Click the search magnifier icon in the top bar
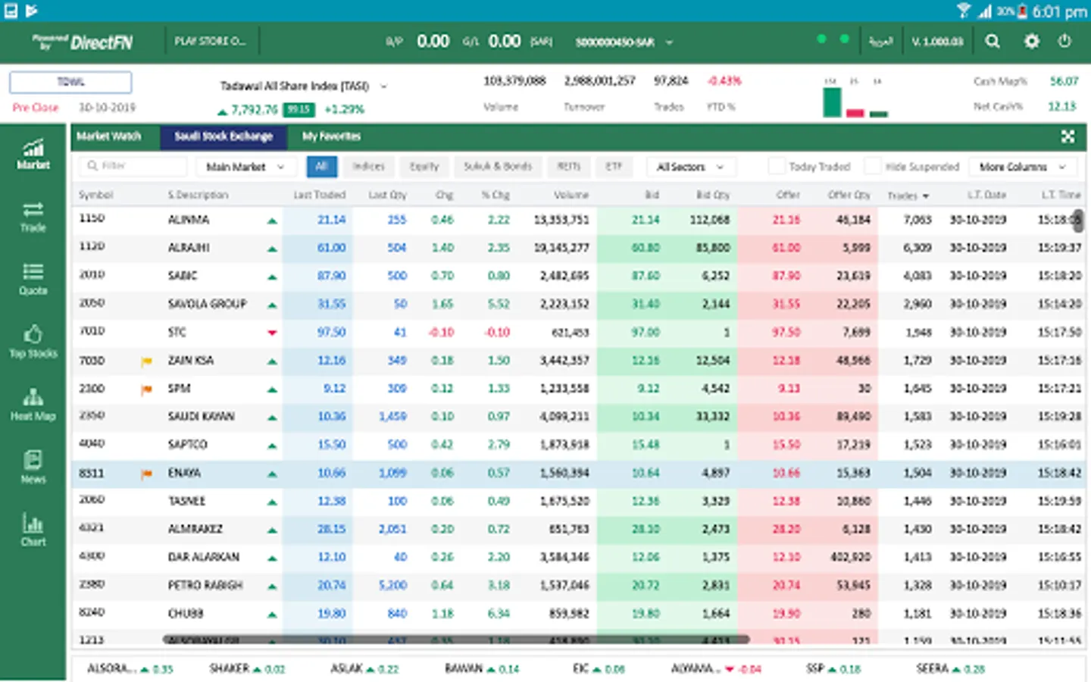click(x=992, y=42)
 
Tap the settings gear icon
click(x=1031, y=42)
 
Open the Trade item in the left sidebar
click(x=33, y=217)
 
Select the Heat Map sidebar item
click(x=33, y=405)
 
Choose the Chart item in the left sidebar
click(x=33, y=530)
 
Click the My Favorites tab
click(x=331, y=136)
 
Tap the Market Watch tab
click(x=108, y=136)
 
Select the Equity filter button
click(x=424, y=167)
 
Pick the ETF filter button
click(x=613, y=167)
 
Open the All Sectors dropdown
click(x=689, y=167)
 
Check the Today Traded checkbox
click(x=776, y=167)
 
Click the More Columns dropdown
click(x=1021, y=167)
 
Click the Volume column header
click(x=571, y=195)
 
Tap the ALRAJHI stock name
click(x=189, y=248)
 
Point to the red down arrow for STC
click(x=272, y=333)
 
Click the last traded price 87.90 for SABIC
click(x=331, y=276)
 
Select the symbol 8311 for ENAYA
click(x=92, y=474)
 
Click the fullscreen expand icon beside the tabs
click(x=1068, y=136)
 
